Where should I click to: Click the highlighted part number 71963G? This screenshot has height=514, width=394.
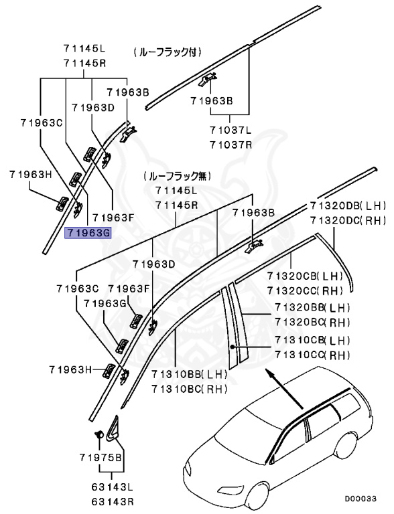click(88, 233)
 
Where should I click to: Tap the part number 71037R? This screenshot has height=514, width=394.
click(230, 145)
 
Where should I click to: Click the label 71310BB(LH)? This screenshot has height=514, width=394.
click(189, 375)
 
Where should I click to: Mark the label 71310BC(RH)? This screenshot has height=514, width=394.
click(189, 388)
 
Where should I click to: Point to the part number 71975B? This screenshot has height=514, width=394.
click(100, 458)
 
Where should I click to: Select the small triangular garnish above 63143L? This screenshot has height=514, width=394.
click(111, 428)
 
